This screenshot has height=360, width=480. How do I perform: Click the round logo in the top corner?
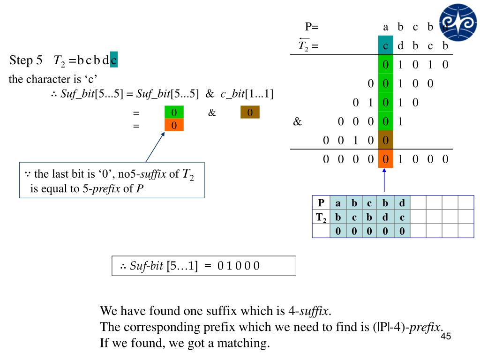[458, 22]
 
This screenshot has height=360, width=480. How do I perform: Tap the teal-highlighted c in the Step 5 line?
[114, 60]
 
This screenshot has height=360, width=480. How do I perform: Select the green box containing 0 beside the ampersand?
[174, 112]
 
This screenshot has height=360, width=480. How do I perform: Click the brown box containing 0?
[250, 112]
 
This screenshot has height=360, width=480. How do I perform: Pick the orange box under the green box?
[174, 125]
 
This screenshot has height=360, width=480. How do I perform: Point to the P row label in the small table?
[321, 203]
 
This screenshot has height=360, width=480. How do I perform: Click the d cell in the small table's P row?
[402, 203]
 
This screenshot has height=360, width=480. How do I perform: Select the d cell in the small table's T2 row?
[385, 217]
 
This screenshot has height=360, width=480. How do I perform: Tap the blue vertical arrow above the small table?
[384, 180]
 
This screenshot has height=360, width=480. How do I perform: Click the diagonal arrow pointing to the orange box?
[155, 147]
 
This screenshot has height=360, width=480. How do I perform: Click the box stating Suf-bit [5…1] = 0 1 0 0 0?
[204, 266]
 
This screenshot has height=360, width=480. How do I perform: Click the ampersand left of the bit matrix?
[297, 122]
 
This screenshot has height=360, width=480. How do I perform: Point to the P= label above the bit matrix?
[312, 27]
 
